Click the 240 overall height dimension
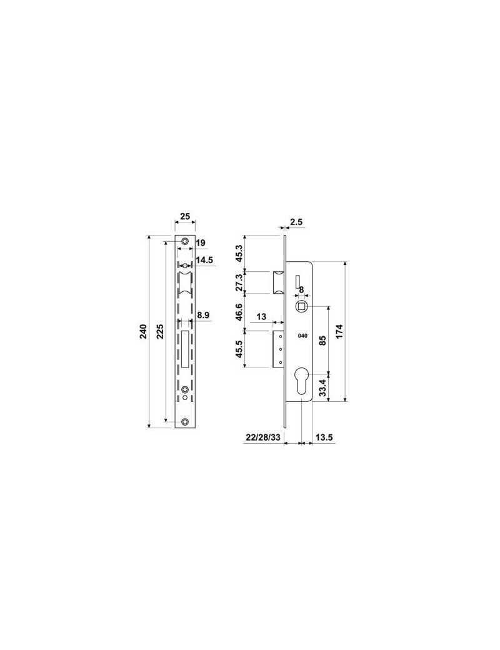click(144, 331)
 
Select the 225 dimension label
click(160, 331)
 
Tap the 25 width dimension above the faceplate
click(185, 216)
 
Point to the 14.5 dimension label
click(204, 260)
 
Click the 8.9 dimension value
click(203, 316)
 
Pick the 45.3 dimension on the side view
click(239, 252)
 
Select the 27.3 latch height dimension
click(239, 282)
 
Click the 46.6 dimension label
click(239, 311)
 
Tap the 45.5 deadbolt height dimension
click(239, 349)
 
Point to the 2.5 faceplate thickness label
click(296, 222)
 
